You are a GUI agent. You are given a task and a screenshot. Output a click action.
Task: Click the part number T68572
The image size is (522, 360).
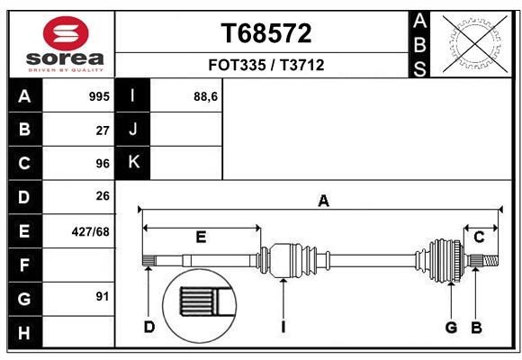pos(266,34)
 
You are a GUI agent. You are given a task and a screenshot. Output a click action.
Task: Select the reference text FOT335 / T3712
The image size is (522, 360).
pos(266,65)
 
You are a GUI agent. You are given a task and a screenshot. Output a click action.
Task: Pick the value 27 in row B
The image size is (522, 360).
pos(103,130)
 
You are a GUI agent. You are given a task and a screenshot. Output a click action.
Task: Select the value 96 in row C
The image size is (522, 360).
pos(103,164)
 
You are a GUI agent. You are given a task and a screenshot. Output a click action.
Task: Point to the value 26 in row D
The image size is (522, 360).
pos(103,196)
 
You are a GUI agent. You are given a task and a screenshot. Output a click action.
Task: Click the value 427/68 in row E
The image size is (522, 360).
pos(91,231)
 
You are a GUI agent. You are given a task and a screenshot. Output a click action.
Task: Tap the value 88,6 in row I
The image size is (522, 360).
pos(206,96)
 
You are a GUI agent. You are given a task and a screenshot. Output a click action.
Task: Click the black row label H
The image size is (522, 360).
pos(24,332)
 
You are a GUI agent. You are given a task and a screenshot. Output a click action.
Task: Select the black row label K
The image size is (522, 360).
pos(133,163)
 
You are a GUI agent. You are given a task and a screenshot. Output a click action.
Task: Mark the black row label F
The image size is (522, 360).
pos(24,265)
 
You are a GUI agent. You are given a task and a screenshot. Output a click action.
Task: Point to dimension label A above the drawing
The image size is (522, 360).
pos(323,202)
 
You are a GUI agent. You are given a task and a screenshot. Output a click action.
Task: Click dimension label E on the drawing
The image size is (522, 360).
pos(201,238)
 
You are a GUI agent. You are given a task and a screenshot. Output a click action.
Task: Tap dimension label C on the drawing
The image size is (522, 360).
pos(480,238)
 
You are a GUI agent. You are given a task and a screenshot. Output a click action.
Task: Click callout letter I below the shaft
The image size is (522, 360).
pos(282,327)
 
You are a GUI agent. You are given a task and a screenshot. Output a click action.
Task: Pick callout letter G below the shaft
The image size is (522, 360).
pos(452,327)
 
